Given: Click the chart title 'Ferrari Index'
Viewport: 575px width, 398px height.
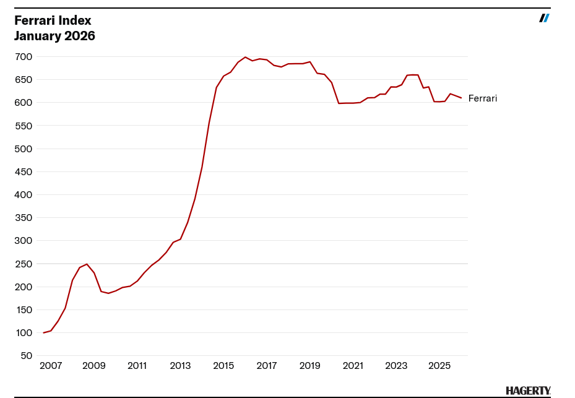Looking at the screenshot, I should pos(53,20).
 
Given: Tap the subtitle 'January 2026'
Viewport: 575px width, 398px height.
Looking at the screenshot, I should pos(54,36).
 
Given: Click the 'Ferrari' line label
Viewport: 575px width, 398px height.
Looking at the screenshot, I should pos(483,98).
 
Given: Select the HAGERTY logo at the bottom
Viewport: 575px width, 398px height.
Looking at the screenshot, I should pos(528,391).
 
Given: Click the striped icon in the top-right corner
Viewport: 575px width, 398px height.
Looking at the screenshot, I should pos(544,18).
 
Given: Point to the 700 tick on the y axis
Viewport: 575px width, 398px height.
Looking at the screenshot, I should pos(24,57).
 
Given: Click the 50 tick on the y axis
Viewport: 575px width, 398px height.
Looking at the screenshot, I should pos(27,356).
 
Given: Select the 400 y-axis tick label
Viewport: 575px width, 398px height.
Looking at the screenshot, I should pos(24,195).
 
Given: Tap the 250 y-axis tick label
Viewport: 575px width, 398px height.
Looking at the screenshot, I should pos(24,264).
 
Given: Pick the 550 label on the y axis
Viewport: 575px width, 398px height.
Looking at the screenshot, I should pos(24,126).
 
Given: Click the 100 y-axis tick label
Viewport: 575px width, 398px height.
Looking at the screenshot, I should pos(24,333).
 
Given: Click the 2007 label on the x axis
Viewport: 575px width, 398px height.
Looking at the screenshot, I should pos(51,366).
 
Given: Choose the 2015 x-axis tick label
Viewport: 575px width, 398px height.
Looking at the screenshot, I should pos(223,366).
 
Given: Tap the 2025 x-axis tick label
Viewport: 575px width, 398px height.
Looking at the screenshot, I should pos(439,366).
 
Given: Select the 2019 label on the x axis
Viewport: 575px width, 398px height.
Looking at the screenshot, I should pos(309,366).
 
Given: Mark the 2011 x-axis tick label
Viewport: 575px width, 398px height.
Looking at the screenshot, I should pos(137,366).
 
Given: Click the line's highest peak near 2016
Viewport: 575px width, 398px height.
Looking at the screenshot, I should pos(245,57).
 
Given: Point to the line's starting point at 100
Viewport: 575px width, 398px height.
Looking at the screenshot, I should pos(43,333).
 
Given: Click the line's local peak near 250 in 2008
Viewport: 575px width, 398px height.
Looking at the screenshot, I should pos(87,264).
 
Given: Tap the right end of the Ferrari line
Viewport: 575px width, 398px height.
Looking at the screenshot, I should pos(461,98).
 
